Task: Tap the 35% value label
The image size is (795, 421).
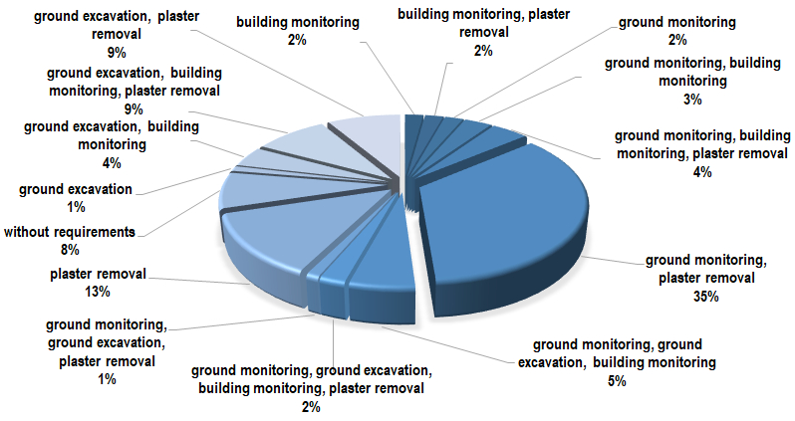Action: click(x=705, y=297)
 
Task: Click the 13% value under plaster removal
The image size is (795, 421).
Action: click(x=98, y=292)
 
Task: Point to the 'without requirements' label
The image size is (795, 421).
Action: click(x=70, y=232)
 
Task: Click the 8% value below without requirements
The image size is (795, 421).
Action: click(x=70, y=250)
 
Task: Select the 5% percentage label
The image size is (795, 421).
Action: click(x=617, y=381)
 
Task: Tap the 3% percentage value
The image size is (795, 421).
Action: click(x=692, y=100)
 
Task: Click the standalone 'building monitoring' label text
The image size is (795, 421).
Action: click(x=298, y=22)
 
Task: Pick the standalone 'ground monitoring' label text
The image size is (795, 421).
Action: click(x=676, y=22)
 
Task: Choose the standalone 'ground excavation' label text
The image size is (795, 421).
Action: click(x=76, y=189)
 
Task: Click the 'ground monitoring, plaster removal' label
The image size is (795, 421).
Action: click(x=705, y=269)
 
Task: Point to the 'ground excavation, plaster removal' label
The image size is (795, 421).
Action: click(x=117, y=25)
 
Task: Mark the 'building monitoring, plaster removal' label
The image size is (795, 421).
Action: click(x=484, y=23)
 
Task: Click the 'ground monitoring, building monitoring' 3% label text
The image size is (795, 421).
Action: click(x=692, y=72)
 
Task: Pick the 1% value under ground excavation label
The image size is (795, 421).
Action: click(x=76, y=207)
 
